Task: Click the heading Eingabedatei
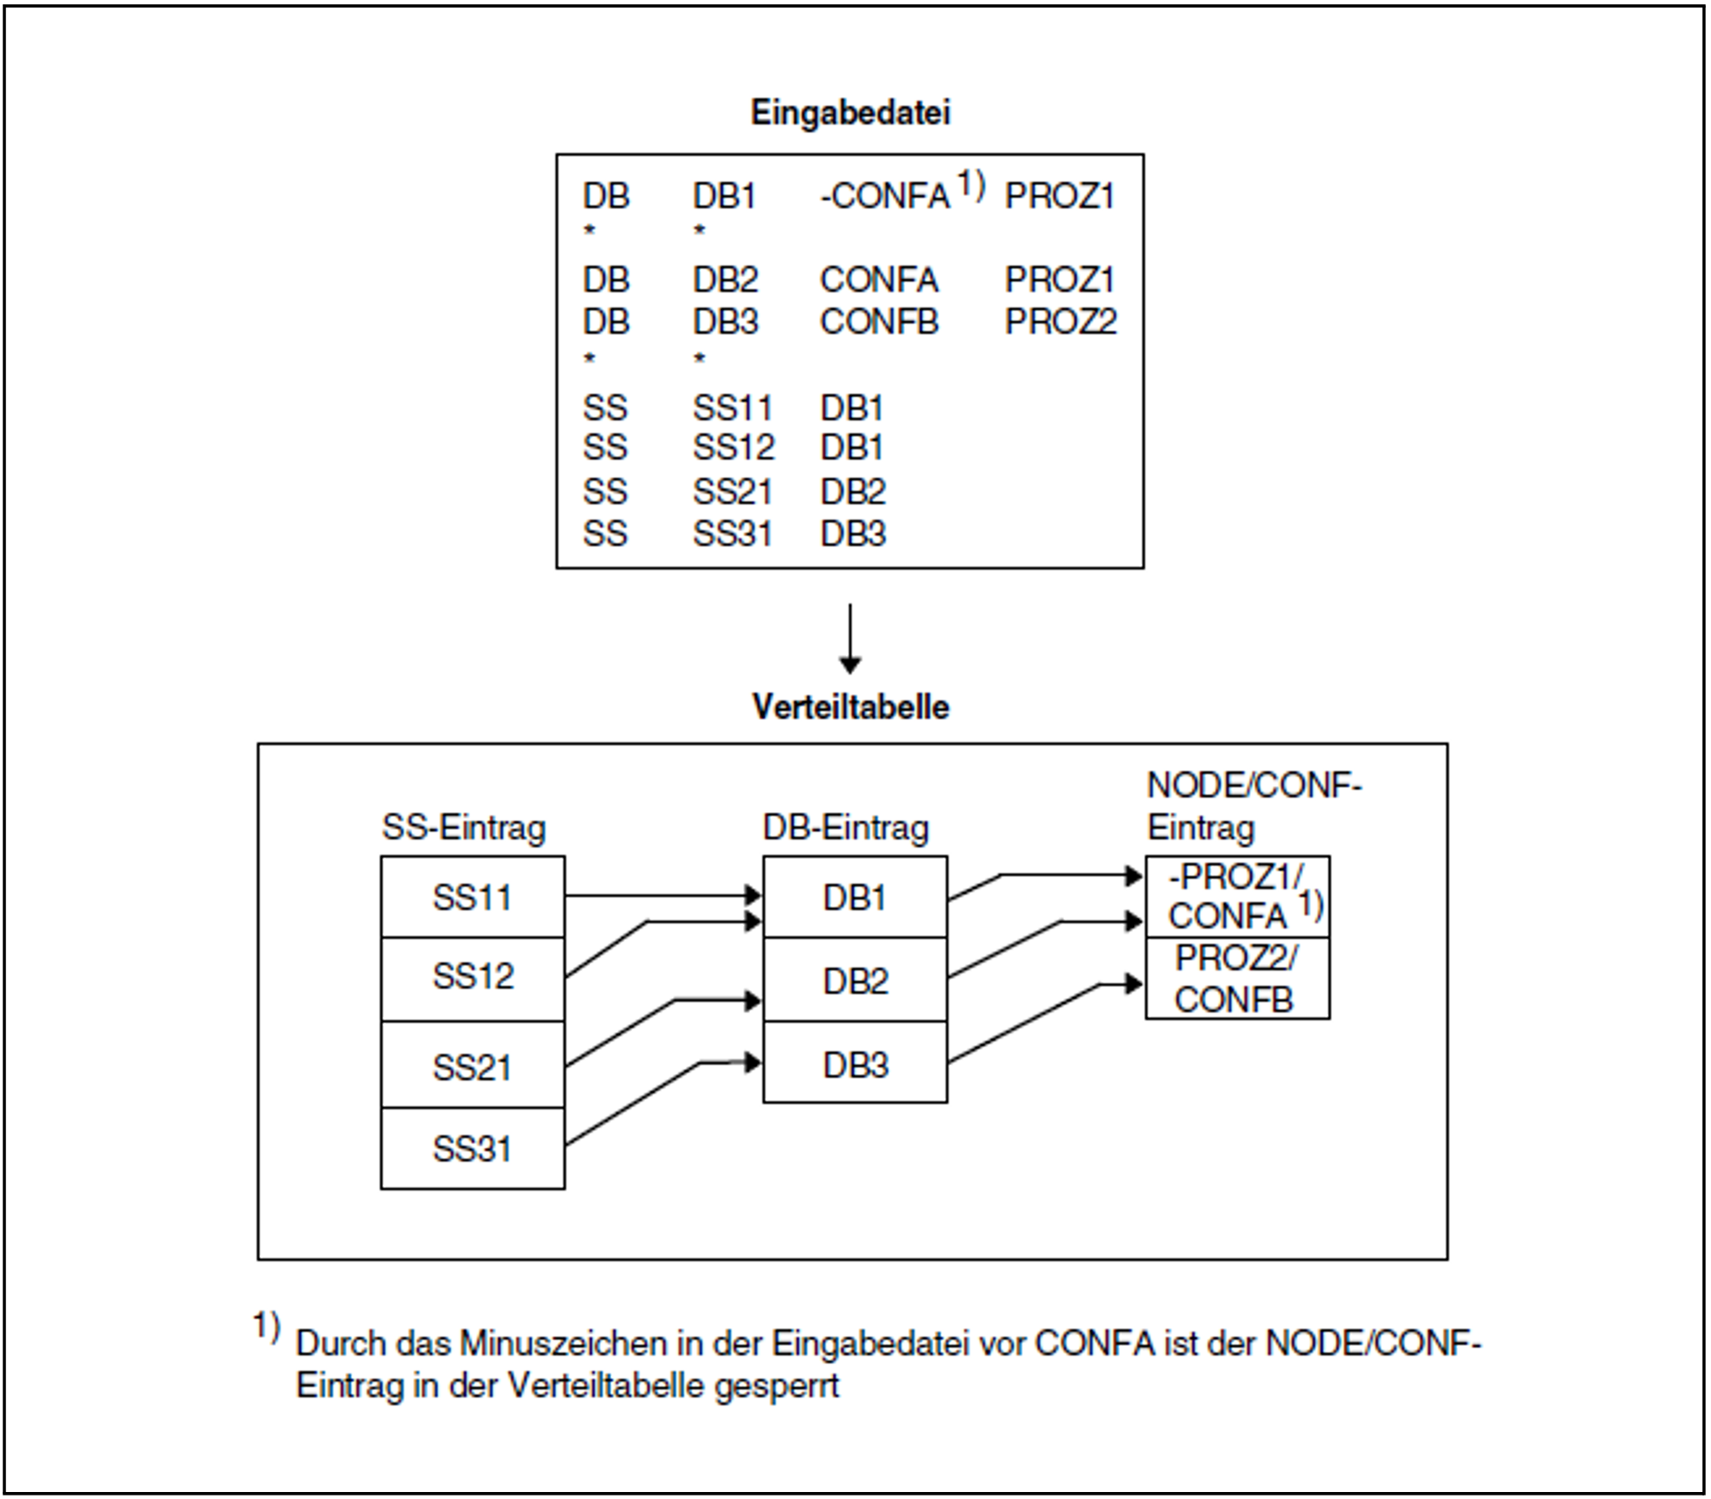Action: pos(850,113)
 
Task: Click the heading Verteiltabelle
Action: pos(850,706)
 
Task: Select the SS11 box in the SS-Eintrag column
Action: pos(472,897)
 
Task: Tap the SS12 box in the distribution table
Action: pos(472,977)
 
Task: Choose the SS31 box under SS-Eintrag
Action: pos(472,1149)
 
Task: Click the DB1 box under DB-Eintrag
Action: pos(855,897)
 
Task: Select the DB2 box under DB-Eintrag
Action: pos(855,980)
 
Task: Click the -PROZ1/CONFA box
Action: pos(1236,897)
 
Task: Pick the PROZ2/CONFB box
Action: pos(1236,980)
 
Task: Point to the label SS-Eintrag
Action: pos(464,828)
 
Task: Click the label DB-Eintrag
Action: pos(846,828)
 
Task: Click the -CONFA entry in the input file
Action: pos(884,196)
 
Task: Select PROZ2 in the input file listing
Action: pos(1060,322)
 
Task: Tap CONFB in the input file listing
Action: pos(878,322)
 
